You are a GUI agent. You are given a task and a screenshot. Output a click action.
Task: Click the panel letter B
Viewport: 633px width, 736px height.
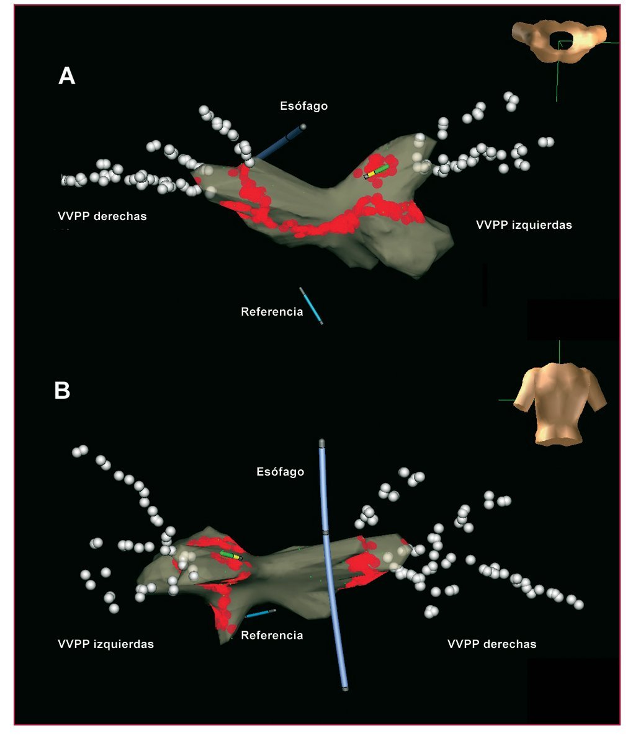62,391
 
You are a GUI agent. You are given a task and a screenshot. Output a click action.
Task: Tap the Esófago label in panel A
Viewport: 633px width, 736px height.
303,106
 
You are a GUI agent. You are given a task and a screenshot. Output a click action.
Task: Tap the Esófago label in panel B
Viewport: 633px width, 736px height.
281,472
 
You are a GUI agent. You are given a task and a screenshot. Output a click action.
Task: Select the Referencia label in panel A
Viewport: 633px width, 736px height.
272,311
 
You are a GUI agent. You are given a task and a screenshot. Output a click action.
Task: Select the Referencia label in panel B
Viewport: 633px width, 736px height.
272,635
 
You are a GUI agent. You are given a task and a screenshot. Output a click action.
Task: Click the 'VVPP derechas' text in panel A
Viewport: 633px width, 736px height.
102,216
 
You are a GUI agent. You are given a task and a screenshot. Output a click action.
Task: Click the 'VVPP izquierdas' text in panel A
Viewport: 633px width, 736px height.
524,225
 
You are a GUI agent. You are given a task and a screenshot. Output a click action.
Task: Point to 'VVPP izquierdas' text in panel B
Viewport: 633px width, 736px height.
105,644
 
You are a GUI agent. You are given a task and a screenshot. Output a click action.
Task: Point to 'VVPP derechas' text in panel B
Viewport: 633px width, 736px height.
492,644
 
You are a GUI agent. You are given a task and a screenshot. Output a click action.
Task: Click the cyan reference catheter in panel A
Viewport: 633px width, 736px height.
311,306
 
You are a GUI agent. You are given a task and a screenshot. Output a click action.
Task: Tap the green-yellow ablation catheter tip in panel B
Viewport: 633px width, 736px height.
230,555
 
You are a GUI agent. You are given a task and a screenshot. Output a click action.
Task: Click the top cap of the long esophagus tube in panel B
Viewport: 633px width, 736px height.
321,443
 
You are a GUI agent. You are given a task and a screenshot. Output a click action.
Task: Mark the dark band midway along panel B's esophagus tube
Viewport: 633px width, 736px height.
325,532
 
